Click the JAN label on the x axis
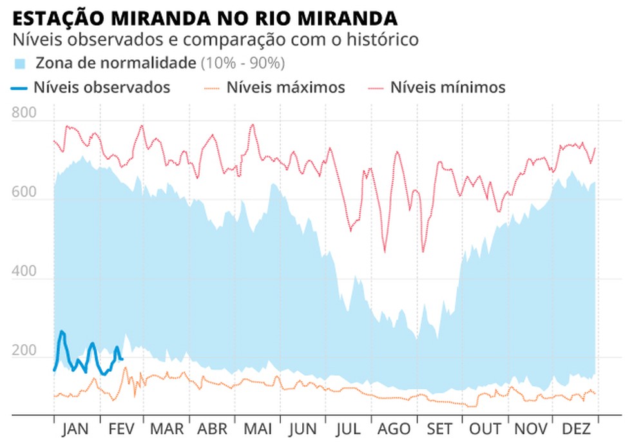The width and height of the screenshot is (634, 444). [x=76, y=430]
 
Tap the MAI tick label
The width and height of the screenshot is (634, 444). [x=257, y=430]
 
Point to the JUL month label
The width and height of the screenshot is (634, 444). [x=348, y=430]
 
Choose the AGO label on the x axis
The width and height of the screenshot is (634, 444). [x=394, y=430]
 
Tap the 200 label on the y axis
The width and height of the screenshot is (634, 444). [x=24, y=352]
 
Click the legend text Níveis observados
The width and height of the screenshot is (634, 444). [x=102, y=87]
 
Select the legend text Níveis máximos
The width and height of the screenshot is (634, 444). [x=285, y=87]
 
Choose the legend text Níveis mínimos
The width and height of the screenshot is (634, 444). [x=448, y=87]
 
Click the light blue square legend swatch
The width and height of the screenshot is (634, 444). [x=21, y=64]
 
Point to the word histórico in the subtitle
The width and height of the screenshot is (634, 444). [x=381, y=39]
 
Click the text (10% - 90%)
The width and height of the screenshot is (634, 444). [x=243, y=63]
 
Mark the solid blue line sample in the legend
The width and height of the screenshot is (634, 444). [x=19, y=88]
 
